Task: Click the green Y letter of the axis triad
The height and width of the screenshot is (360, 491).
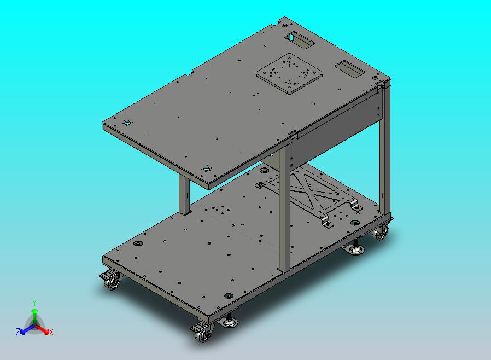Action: (x=34, y=303)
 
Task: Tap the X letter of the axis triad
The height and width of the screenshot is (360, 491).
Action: (x=51, y=332)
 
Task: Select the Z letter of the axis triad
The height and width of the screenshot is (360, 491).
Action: (x=18, y=332)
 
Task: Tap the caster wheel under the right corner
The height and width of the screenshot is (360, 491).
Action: (x=381, y=233)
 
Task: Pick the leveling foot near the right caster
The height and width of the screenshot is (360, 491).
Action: (x=355, y=247)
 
